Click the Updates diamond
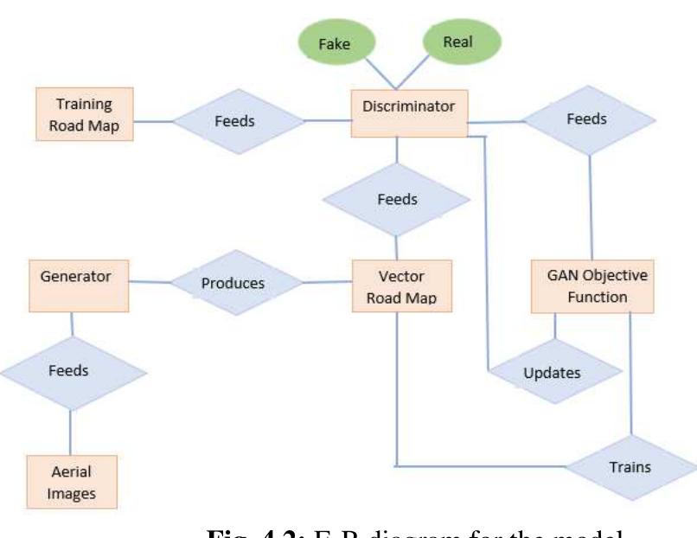click(x=554, y=373)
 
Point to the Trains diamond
click(x=630, y=467)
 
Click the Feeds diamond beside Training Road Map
click(x=233, y=121)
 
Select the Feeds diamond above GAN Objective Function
click(x=591, y=119)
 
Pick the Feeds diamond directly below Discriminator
click(x=398, y=199)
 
